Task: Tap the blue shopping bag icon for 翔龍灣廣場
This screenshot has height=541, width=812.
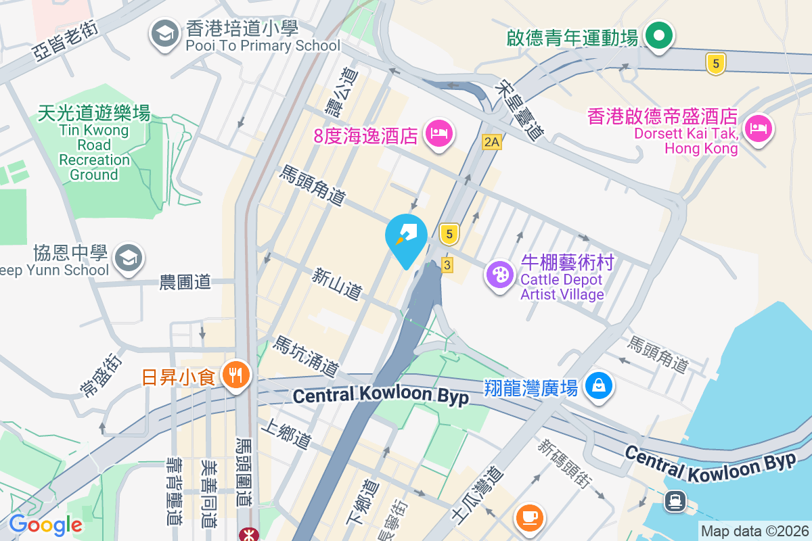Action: point(599,386)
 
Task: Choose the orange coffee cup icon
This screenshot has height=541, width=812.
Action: point(530,517)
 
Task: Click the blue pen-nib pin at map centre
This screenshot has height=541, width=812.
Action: point(406,237)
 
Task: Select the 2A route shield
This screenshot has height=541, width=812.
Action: point(491,142)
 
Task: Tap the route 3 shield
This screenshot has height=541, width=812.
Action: point(446,264)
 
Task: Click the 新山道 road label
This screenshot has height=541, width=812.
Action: point(337,284)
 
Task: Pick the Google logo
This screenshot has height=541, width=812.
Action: point(45,524)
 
